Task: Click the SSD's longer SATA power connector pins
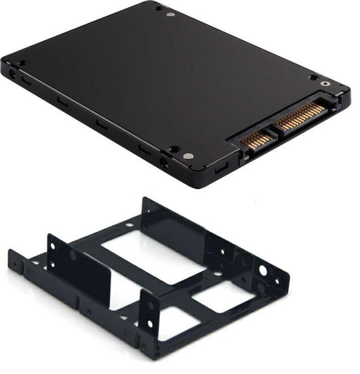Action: [x=300, y=116]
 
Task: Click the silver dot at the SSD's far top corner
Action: [x=170, y=15]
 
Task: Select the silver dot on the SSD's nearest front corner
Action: [x=188, y=156]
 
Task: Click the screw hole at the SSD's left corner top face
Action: [x=22, y=63]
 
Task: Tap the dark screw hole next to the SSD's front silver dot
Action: [x=174, y=149]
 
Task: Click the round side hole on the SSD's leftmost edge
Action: [x=11, y=74]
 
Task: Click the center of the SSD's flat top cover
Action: [x=166, y=80]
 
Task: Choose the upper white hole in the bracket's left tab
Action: [x=53, y=246]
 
